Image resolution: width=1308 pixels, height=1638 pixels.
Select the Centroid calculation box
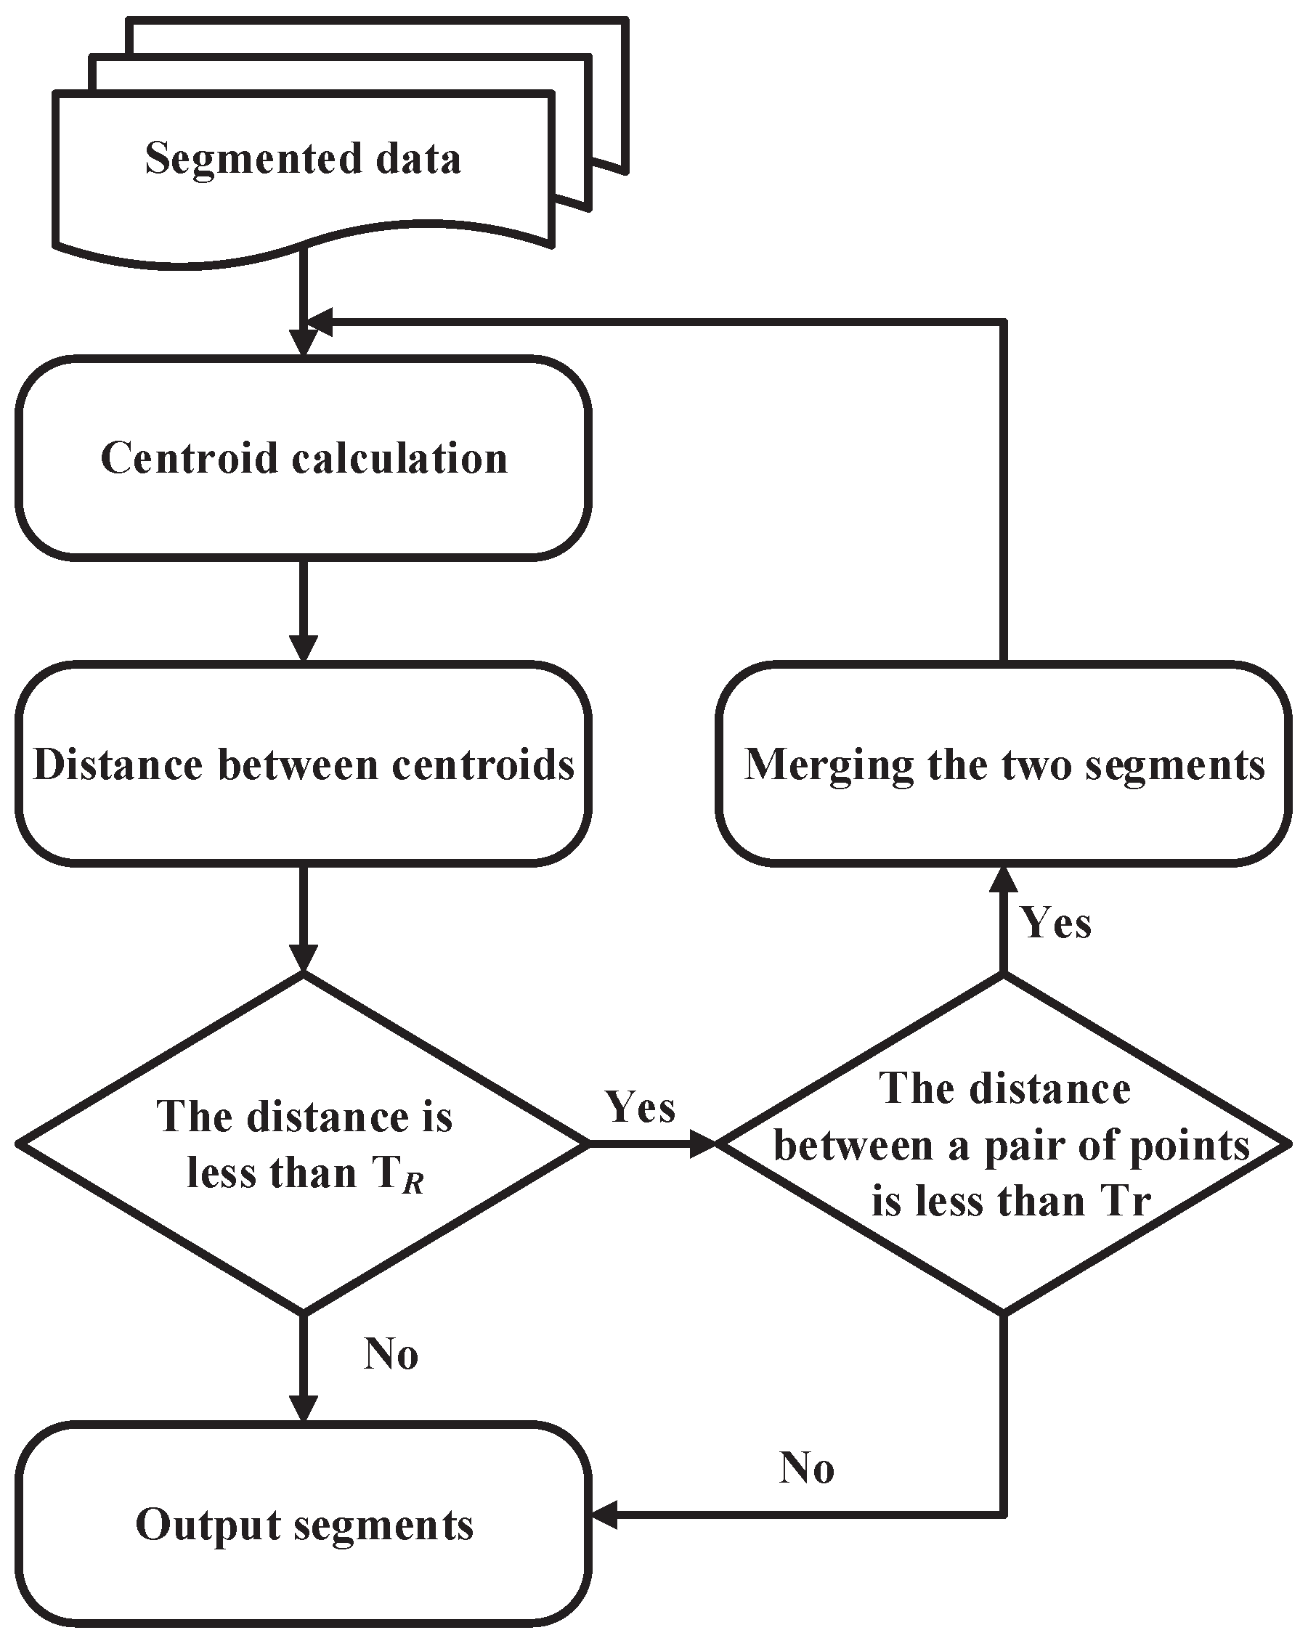click(304, 459)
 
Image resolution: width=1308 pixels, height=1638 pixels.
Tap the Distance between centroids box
click(304, 765)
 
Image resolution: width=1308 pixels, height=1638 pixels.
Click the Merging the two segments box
click(1003, 765)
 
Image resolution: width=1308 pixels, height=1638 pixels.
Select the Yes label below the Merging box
click(1057, 923)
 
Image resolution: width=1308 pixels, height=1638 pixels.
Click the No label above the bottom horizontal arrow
click(806, 1468)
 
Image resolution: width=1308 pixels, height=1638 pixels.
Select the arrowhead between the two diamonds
click(702, 1143)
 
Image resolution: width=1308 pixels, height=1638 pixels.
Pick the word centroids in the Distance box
click(483, 765)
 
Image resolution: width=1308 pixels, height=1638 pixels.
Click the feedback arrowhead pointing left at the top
click(320, 322)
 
